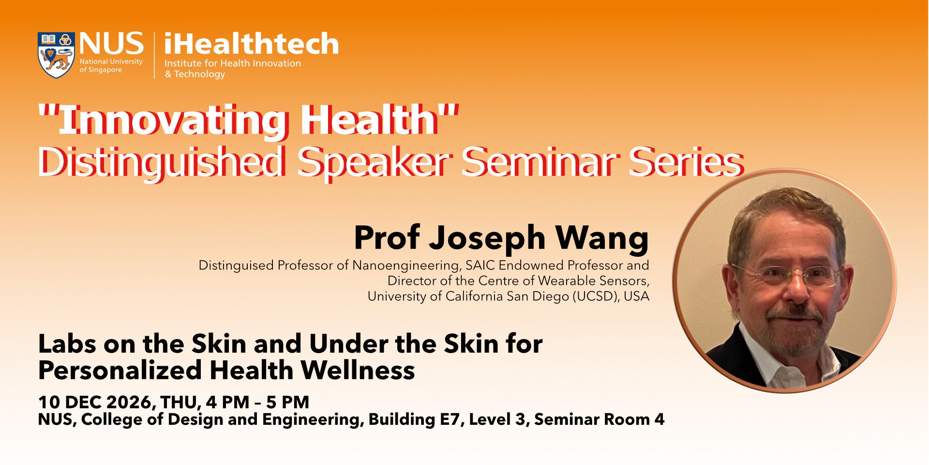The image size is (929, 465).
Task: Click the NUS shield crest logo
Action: pyautogui.click(x=56, y=55)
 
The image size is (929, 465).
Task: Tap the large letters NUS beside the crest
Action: pyautogui.click(x=112, y=44)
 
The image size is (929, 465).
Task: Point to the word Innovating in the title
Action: pyautogui.click(x=173, y=120)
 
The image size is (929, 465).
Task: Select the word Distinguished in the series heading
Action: pyautogui.click(x=161, y=162)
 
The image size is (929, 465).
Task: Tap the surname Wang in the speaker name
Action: pyautogui.click(x=601, y=238)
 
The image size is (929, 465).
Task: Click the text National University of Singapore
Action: pyautogui.click(x=111, y=66)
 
